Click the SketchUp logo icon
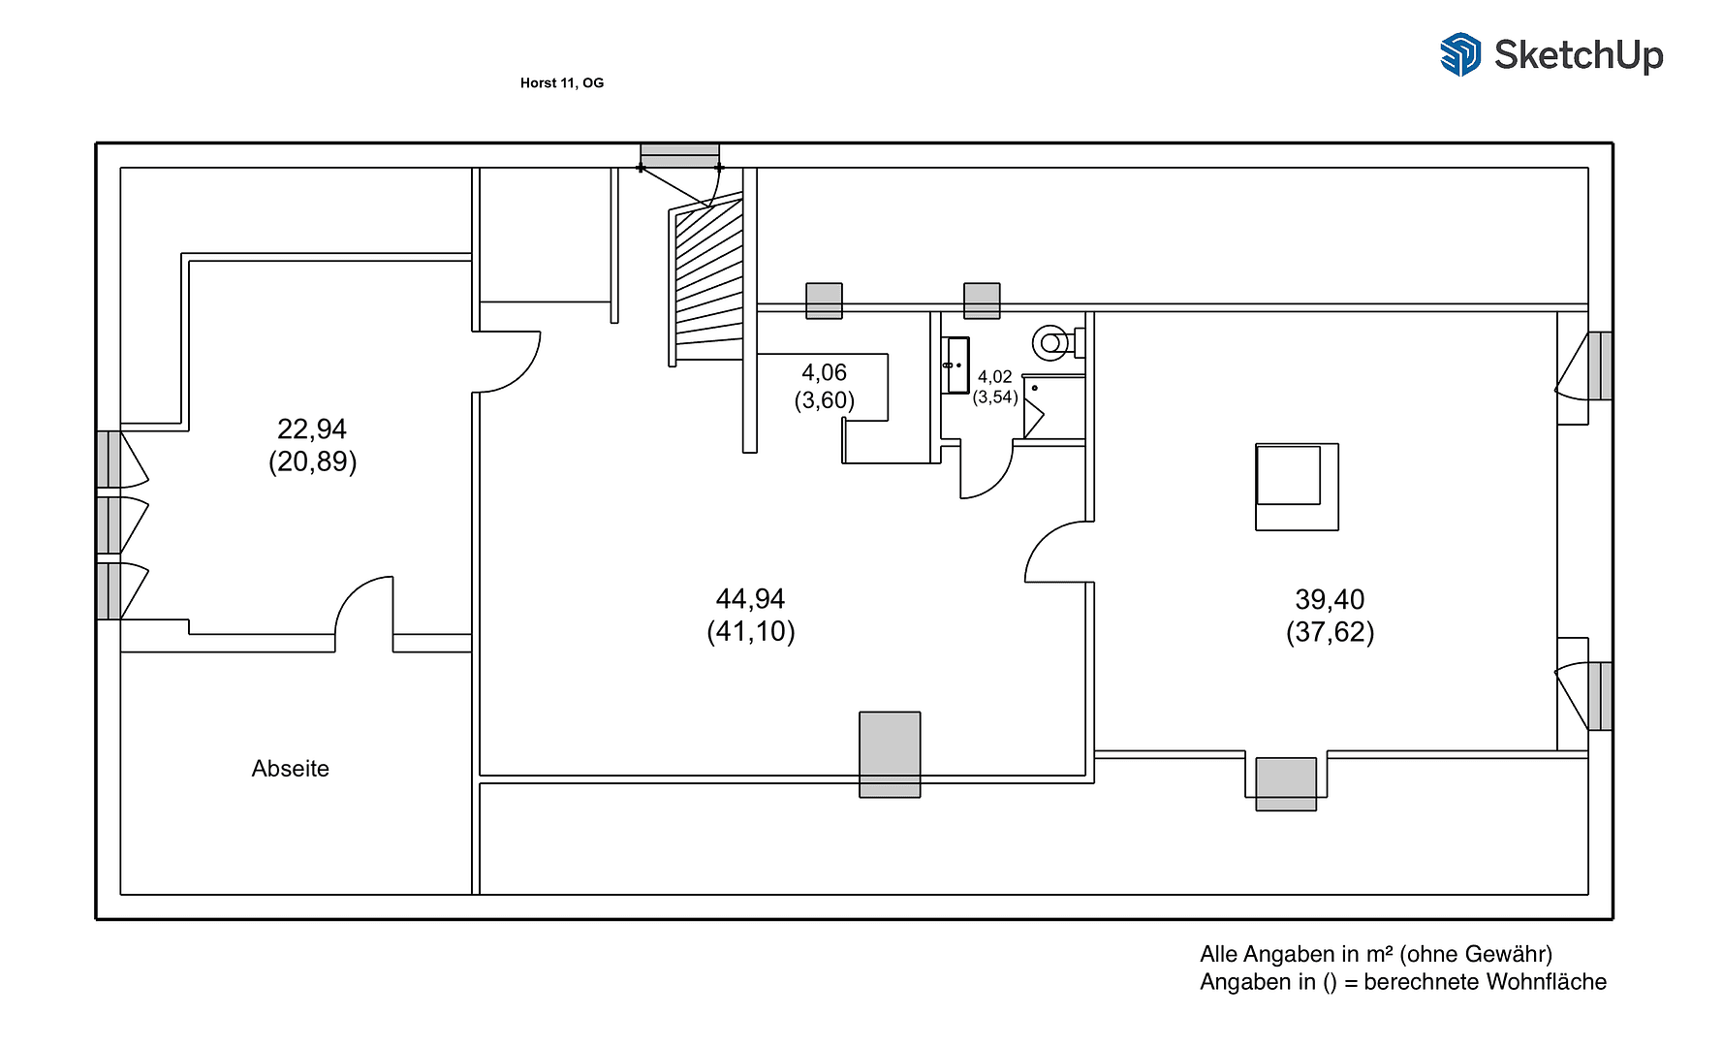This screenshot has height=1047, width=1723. click(1459, 54)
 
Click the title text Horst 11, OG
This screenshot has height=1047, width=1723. click(561, 83)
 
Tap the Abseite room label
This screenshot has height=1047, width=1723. click(290, 769)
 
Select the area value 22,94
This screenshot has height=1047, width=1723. click(312, 428)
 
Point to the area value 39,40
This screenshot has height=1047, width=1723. click(1330, 599)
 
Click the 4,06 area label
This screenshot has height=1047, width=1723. click(824, 372)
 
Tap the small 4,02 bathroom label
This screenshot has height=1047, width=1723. click(994, 376)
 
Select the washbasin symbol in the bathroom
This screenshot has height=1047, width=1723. click(955, 365)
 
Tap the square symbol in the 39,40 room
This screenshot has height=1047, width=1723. click(1296, 487)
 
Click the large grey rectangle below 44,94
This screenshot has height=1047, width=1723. click(890, 754)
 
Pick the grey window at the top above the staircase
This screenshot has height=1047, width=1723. click(679, 155)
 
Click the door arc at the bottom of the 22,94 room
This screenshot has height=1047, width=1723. click(364, 605)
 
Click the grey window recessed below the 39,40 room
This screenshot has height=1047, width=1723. click(1286, 783)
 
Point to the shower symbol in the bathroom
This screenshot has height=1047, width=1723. click(1052, 407)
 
